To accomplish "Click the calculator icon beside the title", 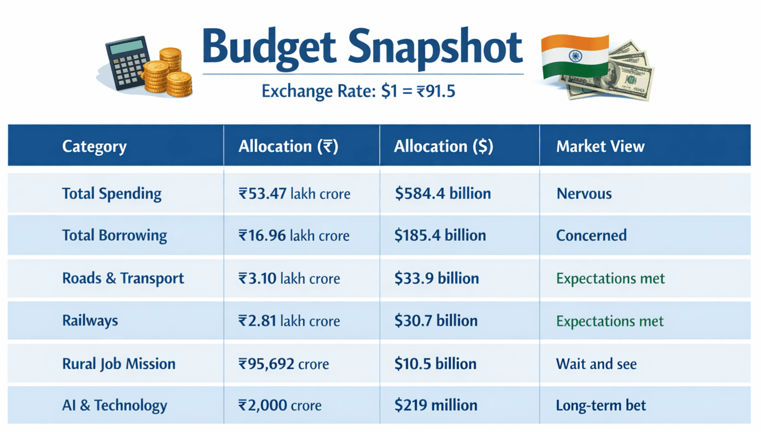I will tap(123, 63).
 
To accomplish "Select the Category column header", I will tap(94, 146).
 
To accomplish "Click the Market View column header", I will tap(600, 146).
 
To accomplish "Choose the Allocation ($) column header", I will tap(443, 146).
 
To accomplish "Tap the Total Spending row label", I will tap(112, 193).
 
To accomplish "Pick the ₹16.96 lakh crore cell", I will tap(294, 235).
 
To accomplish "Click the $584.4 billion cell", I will tap(443, 193).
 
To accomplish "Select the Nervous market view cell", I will tap(584, 193).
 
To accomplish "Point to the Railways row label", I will tap(90, 321).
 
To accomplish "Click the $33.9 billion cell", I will tap(436, 278).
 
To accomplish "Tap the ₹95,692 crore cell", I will tap(284, 364).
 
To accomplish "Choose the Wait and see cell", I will tap(596, 364).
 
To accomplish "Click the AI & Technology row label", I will tap(114, 405).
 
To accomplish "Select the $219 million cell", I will tap(436, 405).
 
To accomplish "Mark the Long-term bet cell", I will tap(601, 405).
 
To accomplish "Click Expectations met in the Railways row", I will tap(610, 321).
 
